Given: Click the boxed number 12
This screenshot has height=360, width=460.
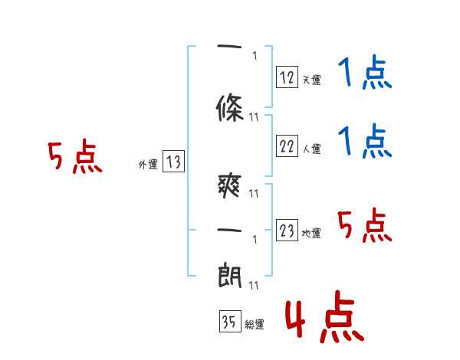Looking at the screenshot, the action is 287,77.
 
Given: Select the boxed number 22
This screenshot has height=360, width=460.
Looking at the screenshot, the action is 287,146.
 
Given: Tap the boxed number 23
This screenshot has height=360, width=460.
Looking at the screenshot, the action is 287,230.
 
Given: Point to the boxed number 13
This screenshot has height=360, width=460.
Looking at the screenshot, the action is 173,162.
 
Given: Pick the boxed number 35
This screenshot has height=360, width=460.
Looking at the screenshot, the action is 230,321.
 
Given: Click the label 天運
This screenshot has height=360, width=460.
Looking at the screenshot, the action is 311,80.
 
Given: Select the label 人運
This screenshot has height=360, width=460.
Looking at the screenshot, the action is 311,149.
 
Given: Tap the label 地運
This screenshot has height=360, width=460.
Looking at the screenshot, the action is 311,233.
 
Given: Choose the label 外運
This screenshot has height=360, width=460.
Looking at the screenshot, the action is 148,164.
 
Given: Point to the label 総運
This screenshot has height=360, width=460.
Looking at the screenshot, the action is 255,324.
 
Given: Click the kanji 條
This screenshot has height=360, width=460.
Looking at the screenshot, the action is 230,108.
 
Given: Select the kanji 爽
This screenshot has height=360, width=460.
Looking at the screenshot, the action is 230,186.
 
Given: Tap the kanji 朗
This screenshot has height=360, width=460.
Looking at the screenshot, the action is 230,275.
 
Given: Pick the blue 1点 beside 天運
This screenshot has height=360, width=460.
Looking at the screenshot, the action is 365,71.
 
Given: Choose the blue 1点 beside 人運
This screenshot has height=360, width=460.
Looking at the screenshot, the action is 365,141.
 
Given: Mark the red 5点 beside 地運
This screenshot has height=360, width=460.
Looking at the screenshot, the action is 365,225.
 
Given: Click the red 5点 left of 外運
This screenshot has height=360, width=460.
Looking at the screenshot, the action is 75,156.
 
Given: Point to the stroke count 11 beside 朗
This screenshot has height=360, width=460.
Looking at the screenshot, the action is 254,285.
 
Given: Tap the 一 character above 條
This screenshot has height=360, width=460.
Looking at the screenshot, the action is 229,46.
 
